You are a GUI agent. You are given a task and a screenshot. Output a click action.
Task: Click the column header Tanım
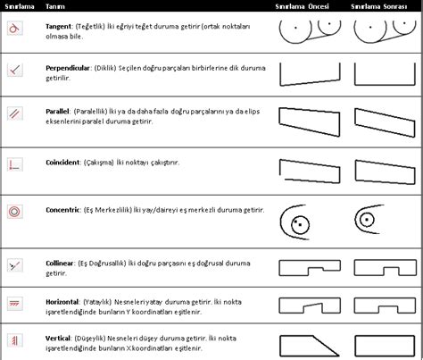coord(55,6)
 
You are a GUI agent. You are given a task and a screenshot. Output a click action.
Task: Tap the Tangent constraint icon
coord(13,28)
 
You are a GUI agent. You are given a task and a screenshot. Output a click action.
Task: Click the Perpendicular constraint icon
coord(13,69)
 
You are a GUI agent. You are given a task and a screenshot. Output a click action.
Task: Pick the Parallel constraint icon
coord(13,113)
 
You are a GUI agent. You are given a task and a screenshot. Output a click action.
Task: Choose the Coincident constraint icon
coord(13,163)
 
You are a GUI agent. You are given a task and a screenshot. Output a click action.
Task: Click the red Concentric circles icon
coord(13,212)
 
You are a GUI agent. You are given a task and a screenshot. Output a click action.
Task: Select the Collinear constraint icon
coord(13,264)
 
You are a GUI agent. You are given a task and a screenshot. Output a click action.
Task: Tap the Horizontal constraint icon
coord(13,304)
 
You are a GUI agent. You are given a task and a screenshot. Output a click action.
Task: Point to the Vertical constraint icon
coord(13,341)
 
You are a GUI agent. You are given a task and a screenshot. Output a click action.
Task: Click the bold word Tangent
coord(62,28)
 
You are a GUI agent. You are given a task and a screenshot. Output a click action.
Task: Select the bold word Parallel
coord(59,112)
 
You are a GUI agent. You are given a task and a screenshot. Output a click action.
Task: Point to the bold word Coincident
coord(65,163)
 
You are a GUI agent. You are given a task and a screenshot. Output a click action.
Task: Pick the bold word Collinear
coord(62,264)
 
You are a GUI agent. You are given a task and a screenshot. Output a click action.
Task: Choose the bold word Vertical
coord(61,340)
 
